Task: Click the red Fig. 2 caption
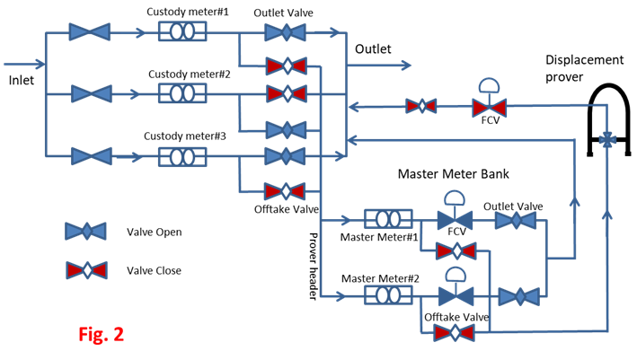(x=101, y=335)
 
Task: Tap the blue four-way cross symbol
(x=607, y=140)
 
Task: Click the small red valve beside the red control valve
(x=421, y=106)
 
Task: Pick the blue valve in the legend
(x=85, y=231)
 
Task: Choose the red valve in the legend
(x=86, y=269)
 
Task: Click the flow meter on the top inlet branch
(x=182, y=31)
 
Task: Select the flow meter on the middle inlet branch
(x=182, y=93)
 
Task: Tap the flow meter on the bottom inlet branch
(x=182, y=156)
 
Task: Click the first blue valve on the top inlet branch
(x=89, y=31)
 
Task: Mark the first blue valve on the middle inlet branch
(x=92, y=93)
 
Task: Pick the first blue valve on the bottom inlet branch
(x=92, y=156)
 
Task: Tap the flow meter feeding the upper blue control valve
(x=388, y=219)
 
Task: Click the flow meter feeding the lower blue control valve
(x=388, y=294)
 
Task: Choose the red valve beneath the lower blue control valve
(x=454, y=333)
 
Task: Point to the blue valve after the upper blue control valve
(x=516, y=220)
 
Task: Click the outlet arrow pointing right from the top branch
(x=395, y=65)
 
